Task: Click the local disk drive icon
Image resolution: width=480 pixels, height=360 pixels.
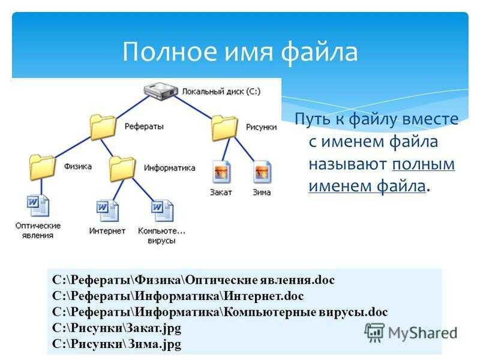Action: pos(161,91)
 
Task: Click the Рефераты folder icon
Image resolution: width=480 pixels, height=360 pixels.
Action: pos(103,127)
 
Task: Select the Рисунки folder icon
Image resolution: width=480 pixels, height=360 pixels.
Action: pos(224,127)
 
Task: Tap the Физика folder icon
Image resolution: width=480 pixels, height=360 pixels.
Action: pos(43,167)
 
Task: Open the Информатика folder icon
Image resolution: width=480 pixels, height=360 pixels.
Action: pos(122,169)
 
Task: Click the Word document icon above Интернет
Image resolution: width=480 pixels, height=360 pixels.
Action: pos(107,211)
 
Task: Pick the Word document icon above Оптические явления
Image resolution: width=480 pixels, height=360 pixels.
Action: pos(38,205)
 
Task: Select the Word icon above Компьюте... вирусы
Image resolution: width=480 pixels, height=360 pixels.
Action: pos(162,211)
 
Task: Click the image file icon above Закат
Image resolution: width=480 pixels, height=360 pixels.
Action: pos(221,172)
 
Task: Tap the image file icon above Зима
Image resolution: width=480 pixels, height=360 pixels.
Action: pos(262,172)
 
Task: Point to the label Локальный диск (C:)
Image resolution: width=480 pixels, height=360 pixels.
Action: pos(221,92)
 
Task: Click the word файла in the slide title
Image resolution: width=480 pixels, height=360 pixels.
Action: pos(319,52)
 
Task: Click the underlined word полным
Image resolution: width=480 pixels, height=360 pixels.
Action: pos(424,164)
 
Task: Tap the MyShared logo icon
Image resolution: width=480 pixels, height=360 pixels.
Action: pos(374,332)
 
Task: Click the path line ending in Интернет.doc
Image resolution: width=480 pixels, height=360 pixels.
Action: pos(178,296)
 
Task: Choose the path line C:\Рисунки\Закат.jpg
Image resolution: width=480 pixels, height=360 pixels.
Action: pos(116,328)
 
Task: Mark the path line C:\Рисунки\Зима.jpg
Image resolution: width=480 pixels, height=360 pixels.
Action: pos(116,344)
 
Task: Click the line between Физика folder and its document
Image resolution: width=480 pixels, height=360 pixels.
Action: pos(41,187)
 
